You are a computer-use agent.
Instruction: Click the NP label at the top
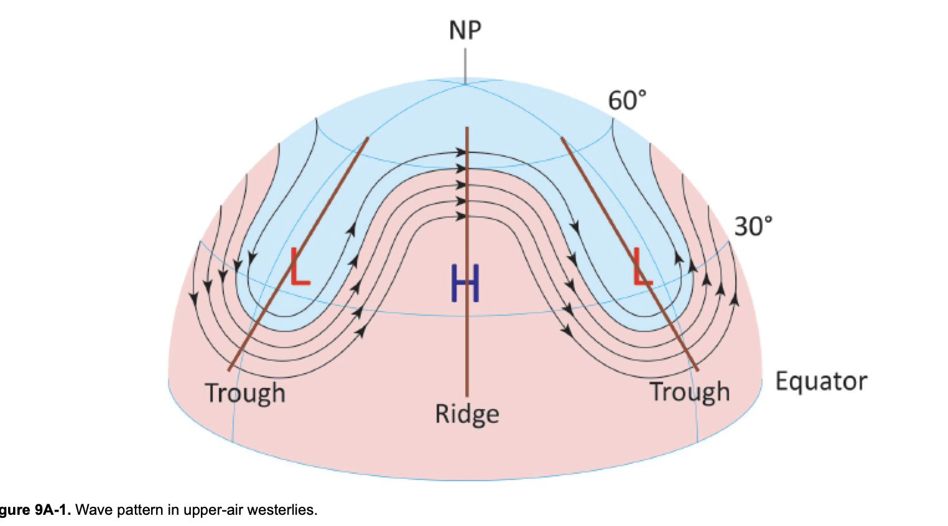pyautogui.click(x=465, y=29)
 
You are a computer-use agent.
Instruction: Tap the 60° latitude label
pyautogui.click(x=627, y=99)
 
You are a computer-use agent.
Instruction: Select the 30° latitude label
pyautogui.click(x=753, y=226)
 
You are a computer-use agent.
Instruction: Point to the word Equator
pyautogui.click(x=821, y=381)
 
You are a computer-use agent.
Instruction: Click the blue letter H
pyautogui.click(x=465, y=283)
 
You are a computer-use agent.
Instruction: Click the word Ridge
pyautogui.click(x=467, y=413)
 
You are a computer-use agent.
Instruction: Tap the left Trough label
pyautogui.click(x=245, y=393)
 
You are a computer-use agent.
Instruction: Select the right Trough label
pyautogui.click(x=689, y=392)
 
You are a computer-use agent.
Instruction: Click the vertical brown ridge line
pyautogui.click(x=467, y=348)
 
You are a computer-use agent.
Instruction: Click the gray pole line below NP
pyautogui.click(x=465, y=62)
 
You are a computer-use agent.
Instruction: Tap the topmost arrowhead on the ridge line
pyautogui.click(x=461, y=152)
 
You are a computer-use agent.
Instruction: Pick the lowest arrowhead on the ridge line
pyautogui.click(x=461, y=216)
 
